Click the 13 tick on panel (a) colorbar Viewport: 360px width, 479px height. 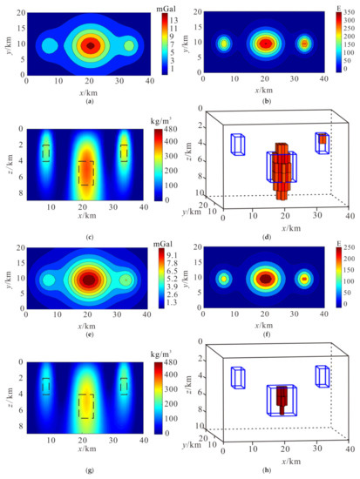click(x=173, y=18)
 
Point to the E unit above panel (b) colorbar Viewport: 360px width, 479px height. click(x=338, y=7)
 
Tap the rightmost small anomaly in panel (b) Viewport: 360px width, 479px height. click(x=304, y=43)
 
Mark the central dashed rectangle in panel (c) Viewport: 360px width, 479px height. click(x=85, y=172)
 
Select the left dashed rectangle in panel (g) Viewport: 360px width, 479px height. click(x=47, y=386)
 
